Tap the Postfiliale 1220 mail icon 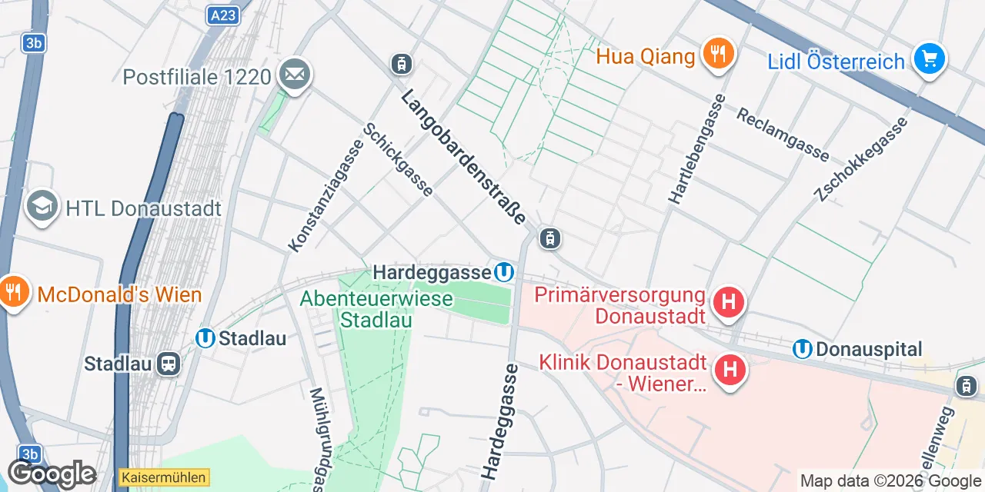click(295, 75)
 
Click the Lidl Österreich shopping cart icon click(929, 58)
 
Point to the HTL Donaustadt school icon click(42, 206)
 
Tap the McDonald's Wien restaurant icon click(13, 292)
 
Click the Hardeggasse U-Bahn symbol click(504, 272)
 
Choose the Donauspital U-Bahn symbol click(803, 350)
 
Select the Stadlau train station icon click(168, 364)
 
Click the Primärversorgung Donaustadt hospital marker click(729, 302)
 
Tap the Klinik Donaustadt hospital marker click(730, 370)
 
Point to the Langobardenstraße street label click(462, 158)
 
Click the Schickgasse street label click(399, 160)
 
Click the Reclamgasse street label click(783, 135)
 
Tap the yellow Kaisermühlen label click(164, 477)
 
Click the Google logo click(52, 474)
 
